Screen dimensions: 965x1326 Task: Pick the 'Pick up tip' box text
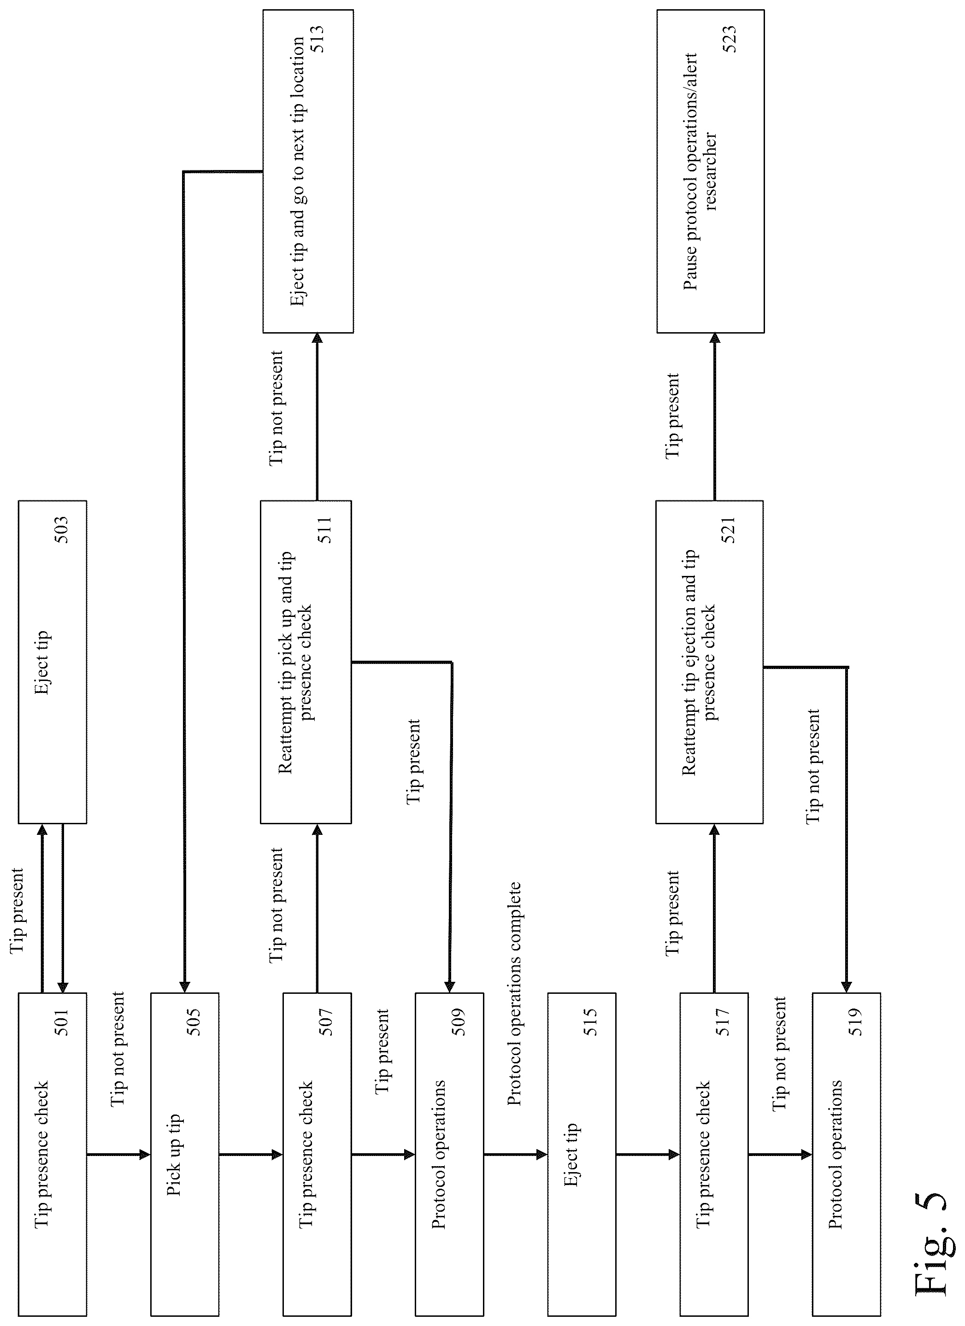pos(174,1155)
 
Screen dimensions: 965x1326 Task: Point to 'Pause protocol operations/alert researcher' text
pos(700,172)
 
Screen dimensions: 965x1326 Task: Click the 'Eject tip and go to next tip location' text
pos(298,172)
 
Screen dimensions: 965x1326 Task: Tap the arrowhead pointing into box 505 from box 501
pos(145,1155)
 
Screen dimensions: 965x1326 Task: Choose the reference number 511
pos(324,530)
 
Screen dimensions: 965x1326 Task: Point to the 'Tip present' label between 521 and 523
pos(673,416)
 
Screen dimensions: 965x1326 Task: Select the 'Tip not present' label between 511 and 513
pos(276,407)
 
